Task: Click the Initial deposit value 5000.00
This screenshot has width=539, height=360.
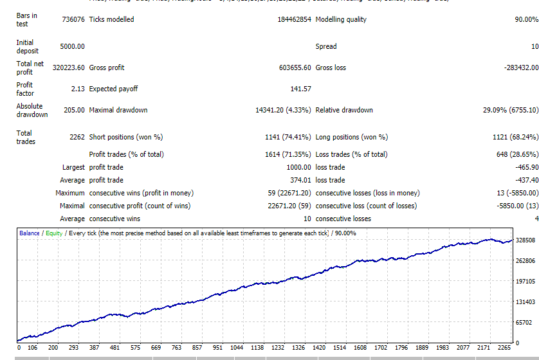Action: tap(72, 46)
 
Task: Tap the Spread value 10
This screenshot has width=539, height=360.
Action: tap(534, 46)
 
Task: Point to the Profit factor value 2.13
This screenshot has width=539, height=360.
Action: tap(77, 89)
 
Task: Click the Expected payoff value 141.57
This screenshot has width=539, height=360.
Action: tap(300, 89)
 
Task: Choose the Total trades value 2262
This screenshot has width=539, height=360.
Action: tap(77, 137)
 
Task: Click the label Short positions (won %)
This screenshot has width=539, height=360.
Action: tap(126, 137)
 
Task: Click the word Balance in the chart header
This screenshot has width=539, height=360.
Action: tap(30, 233)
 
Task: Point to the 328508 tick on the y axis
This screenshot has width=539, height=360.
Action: tap(525, 240)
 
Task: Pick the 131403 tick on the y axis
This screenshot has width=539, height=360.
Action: tap(525, 301)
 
